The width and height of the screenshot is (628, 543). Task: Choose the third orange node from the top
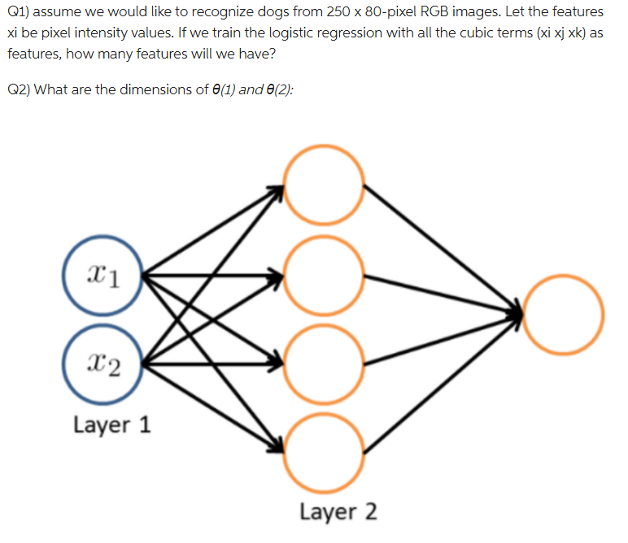(325, 363)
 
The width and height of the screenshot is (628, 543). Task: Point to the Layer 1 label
(112, 424)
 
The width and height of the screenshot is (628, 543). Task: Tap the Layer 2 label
(338, 512)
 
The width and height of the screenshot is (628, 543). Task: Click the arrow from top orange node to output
(443, 248)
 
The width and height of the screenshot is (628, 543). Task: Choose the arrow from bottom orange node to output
(443, 382)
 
